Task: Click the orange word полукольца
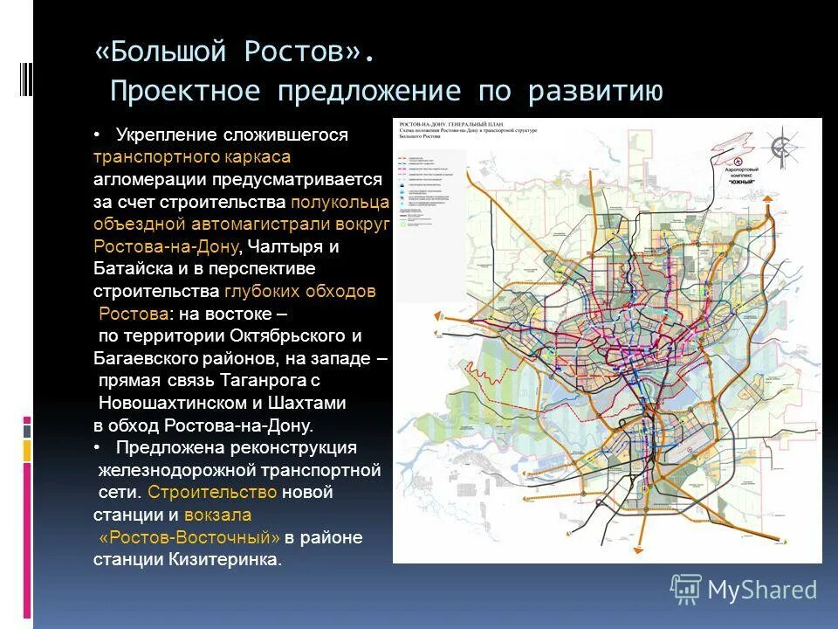pos(341,202)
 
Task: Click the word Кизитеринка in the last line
pos(230,560)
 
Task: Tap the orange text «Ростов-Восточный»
pos(189,537)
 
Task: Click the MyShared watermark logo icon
pos(686,589)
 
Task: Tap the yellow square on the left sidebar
pos(27,450)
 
